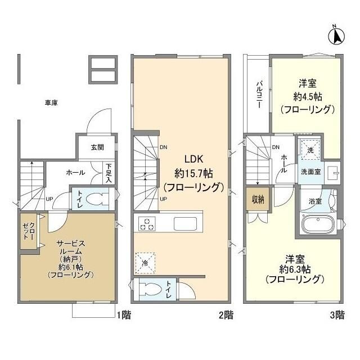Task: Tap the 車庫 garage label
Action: [52, 103]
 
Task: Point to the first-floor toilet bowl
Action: [96, 200]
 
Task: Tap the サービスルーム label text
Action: [70, 249]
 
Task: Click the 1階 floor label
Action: [124, 315]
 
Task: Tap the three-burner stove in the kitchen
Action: [148, 223]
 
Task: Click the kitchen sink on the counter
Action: [184, 223]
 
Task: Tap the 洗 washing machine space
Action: [309, 151]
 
